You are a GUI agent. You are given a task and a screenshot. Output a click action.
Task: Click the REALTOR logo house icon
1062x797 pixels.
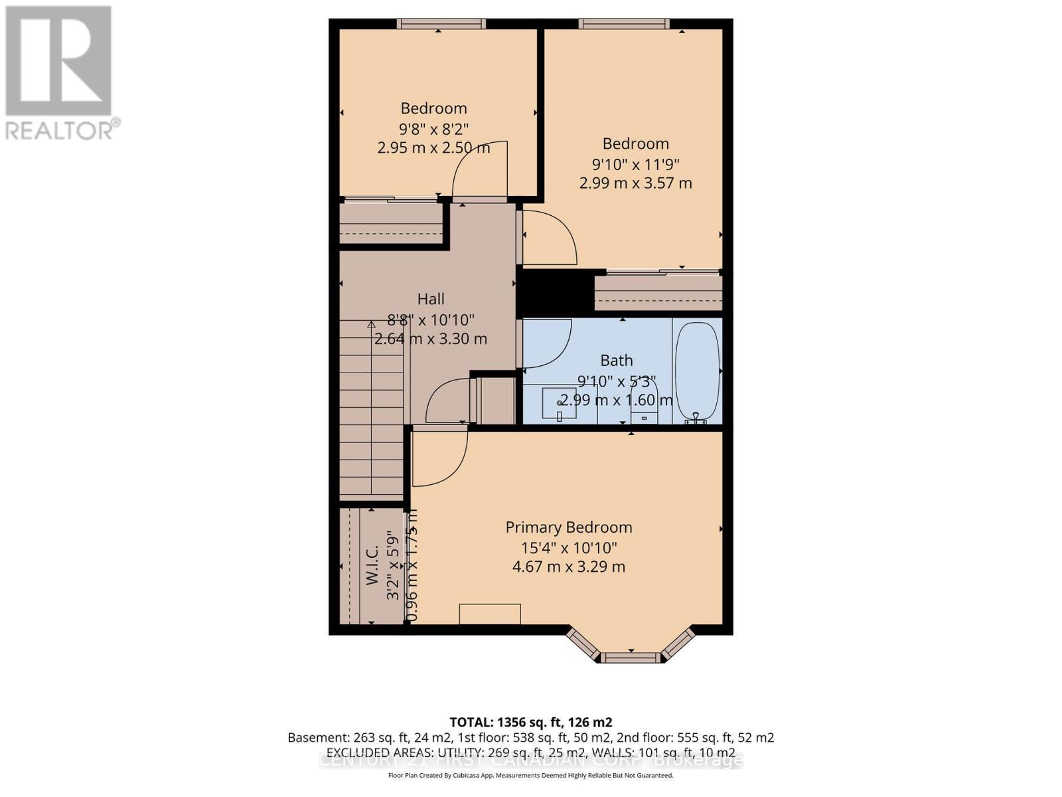tap(58, 61)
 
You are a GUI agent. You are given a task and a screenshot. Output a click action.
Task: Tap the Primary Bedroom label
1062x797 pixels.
tap(568, 527)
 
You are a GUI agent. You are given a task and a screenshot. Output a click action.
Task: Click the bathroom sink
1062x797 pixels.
tap(559, 404)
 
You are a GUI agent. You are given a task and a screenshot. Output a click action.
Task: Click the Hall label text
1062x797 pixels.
tap(431, 300)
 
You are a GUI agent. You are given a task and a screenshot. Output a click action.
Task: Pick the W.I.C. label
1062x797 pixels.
tap(372, 565)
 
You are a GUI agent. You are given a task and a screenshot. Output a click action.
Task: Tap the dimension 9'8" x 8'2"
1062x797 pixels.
tap(434, 128)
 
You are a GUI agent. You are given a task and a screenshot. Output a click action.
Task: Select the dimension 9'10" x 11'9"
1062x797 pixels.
tap(635, 163)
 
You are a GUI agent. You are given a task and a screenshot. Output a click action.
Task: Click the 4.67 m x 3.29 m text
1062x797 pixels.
tap(568, 567)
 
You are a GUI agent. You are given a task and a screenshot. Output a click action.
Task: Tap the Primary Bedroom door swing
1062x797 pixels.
tap(438, 458)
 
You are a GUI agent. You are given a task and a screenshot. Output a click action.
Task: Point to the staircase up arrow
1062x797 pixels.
tap(372, 325)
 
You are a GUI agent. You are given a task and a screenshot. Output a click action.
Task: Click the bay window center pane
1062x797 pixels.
tap(631, 658)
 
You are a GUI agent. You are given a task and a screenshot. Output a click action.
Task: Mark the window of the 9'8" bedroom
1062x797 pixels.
tap(441, 24)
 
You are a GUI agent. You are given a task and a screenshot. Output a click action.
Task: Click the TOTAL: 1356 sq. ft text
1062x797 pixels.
tap(530, 722)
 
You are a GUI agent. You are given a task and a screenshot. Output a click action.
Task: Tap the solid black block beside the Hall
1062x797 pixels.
tap(554, 293)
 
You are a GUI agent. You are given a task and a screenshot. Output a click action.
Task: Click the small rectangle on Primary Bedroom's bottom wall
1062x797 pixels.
tap(491, 614)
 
